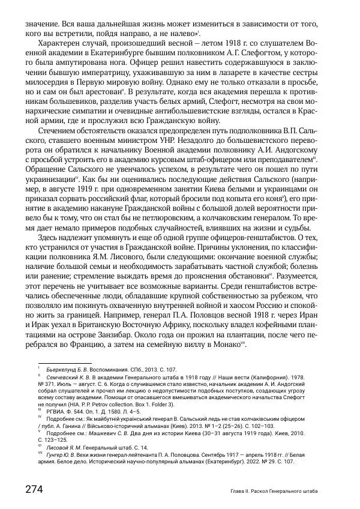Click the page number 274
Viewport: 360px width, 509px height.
click(34, 489)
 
